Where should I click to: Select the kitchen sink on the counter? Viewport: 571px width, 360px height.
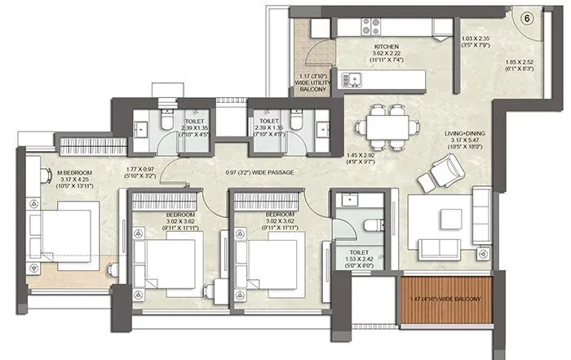[x=352, y=79]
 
